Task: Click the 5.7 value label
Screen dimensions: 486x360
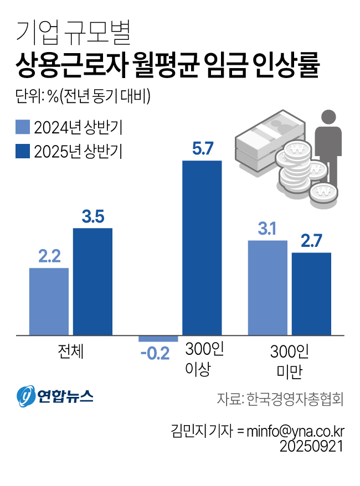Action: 202,149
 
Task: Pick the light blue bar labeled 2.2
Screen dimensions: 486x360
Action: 49,301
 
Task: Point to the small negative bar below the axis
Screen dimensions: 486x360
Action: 158,338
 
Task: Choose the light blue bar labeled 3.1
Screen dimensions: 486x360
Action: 268,287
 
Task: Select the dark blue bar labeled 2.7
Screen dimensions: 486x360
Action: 311,293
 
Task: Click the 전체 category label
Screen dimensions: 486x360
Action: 70,350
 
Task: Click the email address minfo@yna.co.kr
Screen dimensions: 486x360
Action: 295,431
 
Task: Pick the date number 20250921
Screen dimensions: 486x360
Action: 312,446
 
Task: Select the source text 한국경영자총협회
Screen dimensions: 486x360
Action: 295,399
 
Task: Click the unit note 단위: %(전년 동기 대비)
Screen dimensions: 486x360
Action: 83,96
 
